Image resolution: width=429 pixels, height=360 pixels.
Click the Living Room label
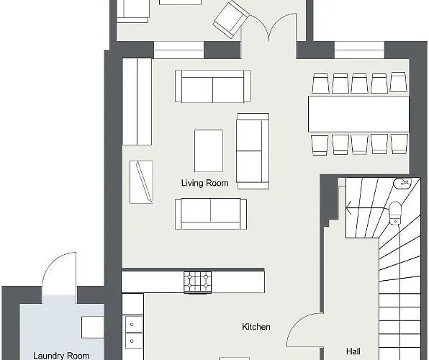pos(204,183)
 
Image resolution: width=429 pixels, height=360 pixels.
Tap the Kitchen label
pos(256,327)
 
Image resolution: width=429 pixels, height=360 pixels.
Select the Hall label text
pos(353,351)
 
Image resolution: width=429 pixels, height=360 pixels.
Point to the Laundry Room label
pos(61,356)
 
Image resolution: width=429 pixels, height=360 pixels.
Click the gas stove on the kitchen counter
pos(197,282)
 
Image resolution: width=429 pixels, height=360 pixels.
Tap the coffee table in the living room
pos(209,150)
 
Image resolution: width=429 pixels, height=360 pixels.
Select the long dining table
pos(358,114)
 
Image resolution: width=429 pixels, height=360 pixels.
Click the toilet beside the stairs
pos(395,213)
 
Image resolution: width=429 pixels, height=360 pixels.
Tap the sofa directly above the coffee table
pos(213,86)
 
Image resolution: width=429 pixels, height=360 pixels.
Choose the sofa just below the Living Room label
pos(211,214)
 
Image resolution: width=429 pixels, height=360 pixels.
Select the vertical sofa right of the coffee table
pos(253,151)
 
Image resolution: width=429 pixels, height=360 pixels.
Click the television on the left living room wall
pos(141,182)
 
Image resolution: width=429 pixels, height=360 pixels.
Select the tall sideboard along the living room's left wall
pos(137,102)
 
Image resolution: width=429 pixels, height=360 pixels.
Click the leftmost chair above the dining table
pos(320,83)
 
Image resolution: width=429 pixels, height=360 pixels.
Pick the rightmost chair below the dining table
pos(399,144)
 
